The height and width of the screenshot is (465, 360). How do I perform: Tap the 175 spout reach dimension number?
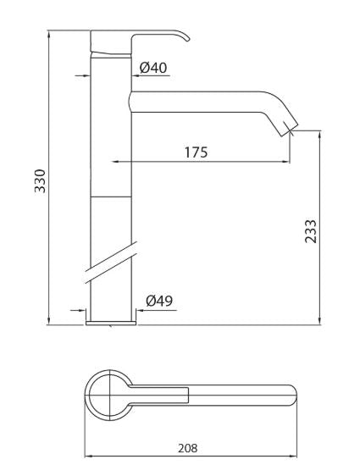pyautogui.click(x=195, y=152)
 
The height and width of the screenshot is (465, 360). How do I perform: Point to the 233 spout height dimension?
pyautogui.click(x=310, y=230)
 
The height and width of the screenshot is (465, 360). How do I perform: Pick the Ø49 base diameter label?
pyautogui.click(x=160, y=300)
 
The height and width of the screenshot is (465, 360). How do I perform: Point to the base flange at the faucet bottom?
pyautogui.click(x=111, y=321)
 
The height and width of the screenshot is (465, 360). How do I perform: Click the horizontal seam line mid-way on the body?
pyautogui.click(x=110, y=197)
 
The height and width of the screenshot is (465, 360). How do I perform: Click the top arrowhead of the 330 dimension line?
pyautogui.click(x=49, y=35)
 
